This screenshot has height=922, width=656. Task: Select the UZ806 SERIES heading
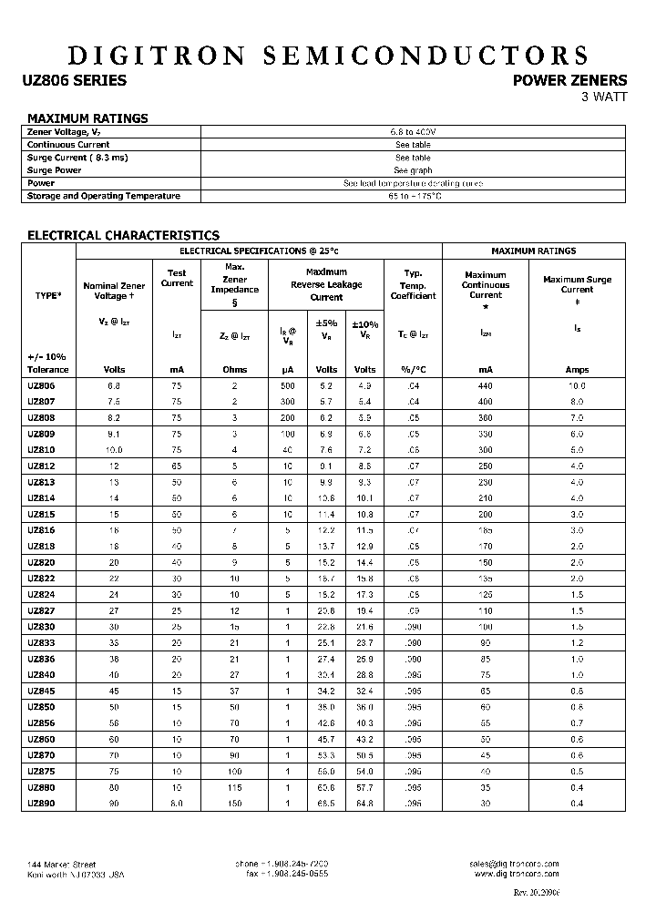74,80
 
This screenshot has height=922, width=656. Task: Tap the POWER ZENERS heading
570,80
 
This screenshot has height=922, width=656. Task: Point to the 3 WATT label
604,98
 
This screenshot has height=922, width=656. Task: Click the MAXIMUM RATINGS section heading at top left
87,118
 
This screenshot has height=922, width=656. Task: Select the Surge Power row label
55,170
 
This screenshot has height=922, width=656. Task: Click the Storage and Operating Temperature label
104,196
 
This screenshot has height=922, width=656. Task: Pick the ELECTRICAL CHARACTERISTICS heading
123,235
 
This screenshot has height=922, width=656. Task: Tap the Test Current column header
177,278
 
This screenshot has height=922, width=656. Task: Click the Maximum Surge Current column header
577,284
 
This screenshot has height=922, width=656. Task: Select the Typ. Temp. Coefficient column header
413,284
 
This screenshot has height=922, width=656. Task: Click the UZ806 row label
42,386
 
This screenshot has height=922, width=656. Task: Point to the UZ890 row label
42,804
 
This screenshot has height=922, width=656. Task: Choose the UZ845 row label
42,690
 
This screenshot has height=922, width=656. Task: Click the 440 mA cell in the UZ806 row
485,386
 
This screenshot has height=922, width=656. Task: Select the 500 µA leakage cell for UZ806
287,386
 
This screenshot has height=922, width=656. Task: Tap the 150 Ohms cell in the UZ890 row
234,804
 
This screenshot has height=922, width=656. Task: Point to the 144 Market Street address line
61,864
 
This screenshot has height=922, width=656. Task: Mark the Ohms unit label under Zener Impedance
234,370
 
